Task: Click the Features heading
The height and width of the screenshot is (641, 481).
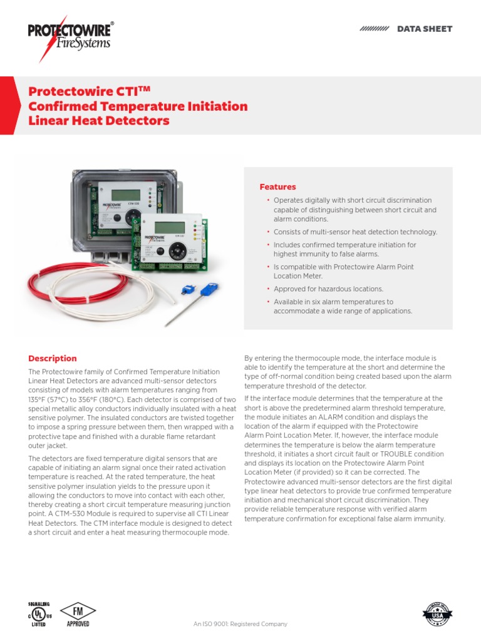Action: (x=278, y=187)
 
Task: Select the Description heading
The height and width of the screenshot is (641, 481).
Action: (x=53, y=359)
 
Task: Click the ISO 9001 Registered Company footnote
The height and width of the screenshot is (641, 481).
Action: (x=240, y=624)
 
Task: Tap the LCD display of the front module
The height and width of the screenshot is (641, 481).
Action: (x=170, y=227)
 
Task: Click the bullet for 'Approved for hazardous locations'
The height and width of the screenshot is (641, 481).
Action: (x=268, y=289)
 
